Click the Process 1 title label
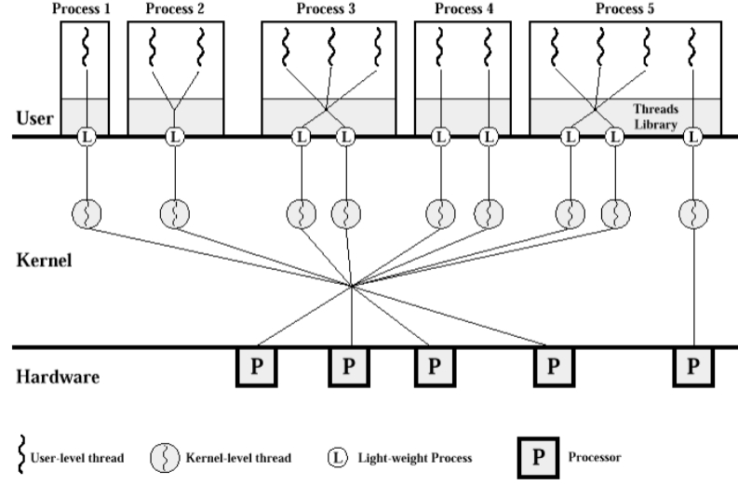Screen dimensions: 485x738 coord(85,9)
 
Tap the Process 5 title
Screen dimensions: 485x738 coord(619,9)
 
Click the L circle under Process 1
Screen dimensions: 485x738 coord(86,138)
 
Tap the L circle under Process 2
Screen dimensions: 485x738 coord(174,138)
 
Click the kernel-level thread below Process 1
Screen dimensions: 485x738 coord(86,213)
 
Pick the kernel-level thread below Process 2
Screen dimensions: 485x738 coord(174,213)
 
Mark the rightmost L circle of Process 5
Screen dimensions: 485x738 coord(692,138)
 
